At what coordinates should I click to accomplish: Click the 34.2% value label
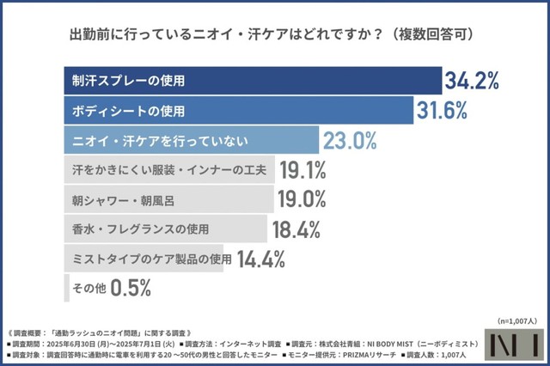point(472,82)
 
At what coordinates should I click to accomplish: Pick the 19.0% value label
point(302,199)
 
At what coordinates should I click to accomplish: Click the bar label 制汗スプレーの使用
point(129,82)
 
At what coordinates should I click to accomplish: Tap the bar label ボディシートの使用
point(129,111)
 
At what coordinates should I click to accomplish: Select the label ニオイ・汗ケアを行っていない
point(155,140)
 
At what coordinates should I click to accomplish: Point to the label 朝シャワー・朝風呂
point(125,199)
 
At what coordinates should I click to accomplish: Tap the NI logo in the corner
point(512,344)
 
